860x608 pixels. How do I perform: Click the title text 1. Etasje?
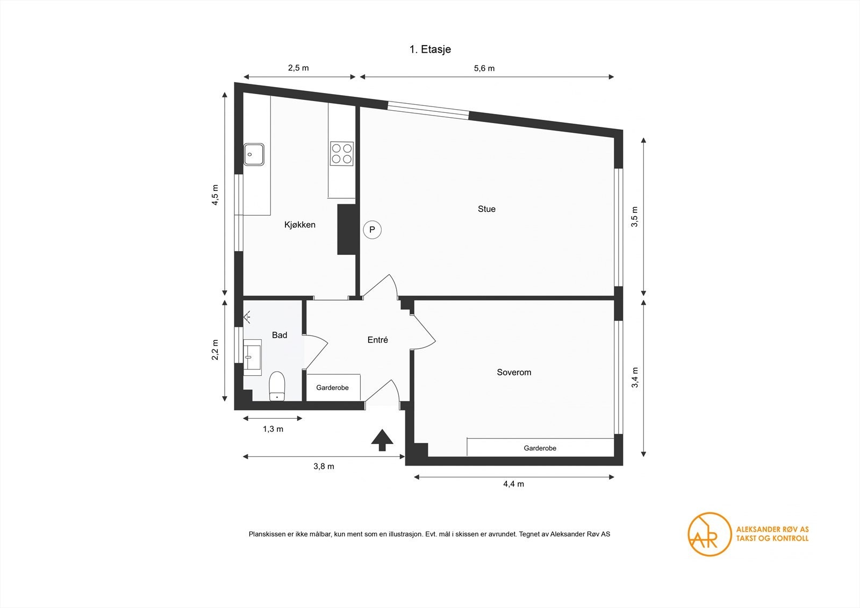pos(430,49)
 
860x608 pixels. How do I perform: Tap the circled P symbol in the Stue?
pos(372,230)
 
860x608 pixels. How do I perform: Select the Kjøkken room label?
pos(300,225)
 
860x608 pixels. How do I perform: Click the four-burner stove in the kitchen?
pos(342,153)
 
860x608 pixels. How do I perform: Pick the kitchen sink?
pos(254,154)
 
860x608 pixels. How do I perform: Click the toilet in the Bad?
pos(277,386)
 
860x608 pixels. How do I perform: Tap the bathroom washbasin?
pos(252,356)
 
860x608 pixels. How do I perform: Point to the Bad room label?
pos(279,335)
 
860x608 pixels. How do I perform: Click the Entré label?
pos(377,340)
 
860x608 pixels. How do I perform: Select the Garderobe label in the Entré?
pos(332,388)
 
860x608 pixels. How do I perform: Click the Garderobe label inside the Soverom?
pos(540,448)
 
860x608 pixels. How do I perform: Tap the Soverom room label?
pos(514,372)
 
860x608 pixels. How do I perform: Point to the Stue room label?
pos(486,209)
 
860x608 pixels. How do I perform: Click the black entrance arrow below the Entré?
pos(382,440)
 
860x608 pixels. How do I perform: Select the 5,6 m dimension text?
pos(484,68)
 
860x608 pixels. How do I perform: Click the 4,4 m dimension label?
pos(513,484)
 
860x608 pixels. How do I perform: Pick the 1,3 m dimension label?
pos(273,429)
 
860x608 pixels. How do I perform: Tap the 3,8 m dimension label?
pos(324,466)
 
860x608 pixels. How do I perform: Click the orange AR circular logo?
pos(709,534)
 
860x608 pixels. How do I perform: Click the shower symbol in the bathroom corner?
pos(248,318)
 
